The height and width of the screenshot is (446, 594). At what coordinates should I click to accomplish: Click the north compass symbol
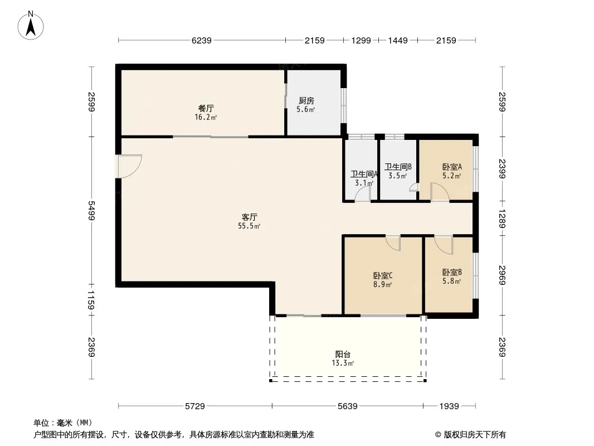[x=32, y=25]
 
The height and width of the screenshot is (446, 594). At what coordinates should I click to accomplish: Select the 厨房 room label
[x=306, y=101]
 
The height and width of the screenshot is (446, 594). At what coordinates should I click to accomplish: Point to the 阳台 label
[x=343, y=354]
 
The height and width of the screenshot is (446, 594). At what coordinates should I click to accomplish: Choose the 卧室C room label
[x=383, y=275]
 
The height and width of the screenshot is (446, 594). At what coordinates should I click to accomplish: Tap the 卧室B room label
[x=452, y=272]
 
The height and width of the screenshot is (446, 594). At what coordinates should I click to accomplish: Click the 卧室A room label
[x=452, y=167]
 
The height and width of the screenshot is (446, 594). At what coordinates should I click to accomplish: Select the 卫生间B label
[x=398, y=167]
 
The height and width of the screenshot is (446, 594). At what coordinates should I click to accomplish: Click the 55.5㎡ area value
[x=249, y=226]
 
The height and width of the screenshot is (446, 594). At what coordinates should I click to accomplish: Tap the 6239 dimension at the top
[x=201, y=40]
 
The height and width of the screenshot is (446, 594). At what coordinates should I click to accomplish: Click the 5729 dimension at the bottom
[x=195, y=406]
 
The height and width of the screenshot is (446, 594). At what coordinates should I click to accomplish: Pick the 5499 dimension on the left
[x=91, y=211]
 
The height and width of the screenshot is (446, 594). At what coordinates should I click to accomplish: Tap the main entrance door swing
[x=129, y=166]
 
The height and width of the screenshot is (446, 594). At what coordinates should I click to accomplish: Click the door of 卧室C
[x=393, y=243]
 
